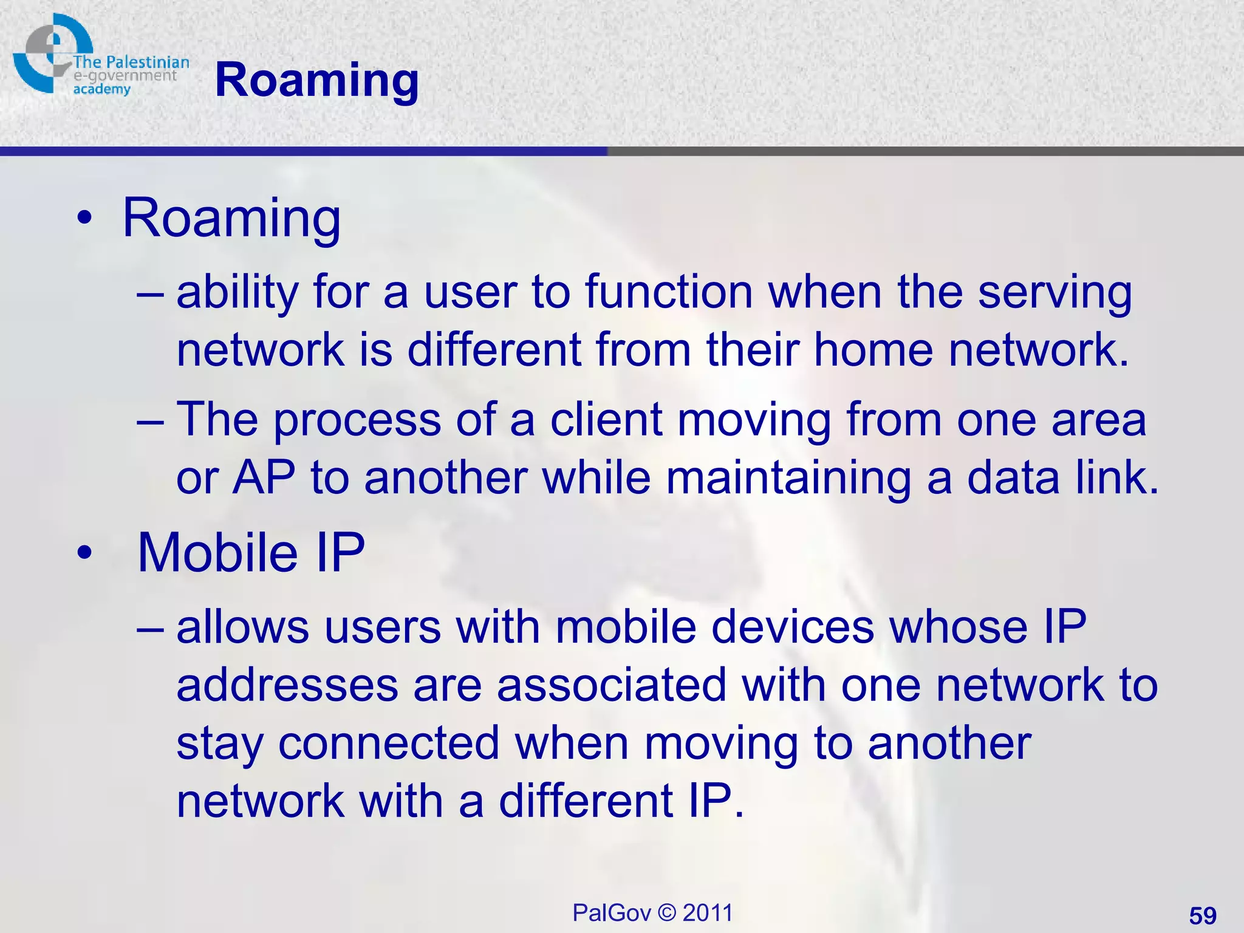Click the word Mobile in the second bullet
click(x=217, y=552)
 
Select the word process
click(x=357, y=421)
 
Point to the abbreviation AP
click(x=264, y=477)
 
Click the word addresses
click(x=287, y=685)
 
